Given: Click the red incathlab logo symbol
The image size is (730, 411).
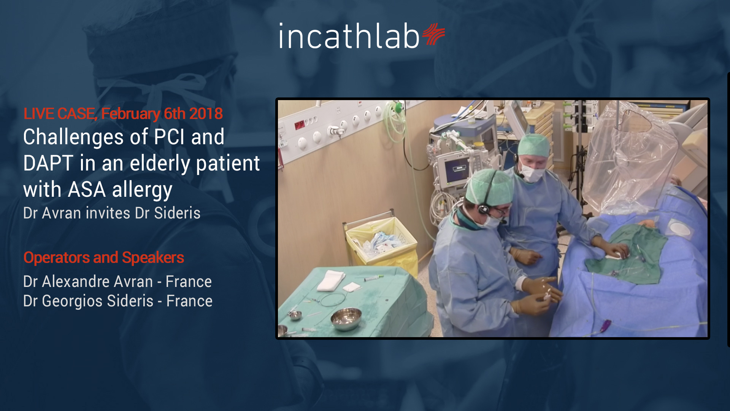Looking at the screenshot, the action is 433,34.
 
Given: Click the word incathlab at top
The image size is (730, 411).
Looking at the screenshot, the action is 349,36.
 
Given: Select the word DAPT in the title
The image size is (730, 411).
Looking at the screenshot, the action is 48,163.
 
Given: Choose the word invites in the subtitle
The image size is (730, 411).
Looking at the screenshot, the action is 108,213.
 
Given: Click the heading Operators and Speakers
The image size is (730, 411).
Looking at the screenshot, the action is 104,258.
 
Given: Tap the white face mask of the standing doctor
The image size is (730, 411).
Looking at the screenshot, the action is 533,173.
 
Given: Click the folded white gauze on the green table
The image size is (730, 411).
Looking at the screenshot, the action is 330,280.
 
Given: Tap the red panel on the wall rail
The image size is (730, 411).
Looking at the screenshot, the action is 300,124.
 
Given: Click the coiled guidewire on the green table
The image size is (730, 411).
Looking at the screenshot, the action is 333,299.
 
